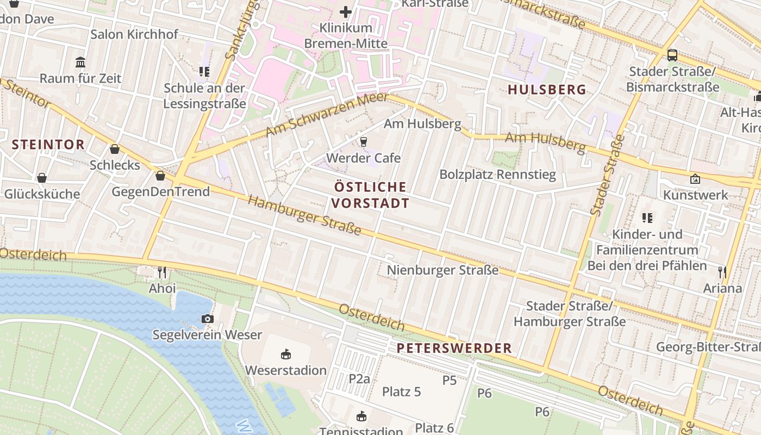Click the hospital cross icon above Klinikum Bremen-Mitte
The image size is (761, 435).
click(346, 11)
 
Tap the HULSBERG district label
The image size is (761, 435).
click(547, 90)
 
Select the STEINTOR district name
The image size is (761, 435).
click(48, 145)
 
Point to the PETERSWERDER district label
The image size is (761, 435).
click(454, 348)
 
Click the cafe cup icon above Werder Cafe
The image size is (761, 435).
click(363, 142)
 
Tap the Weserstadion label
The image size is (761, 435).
click(285, 370)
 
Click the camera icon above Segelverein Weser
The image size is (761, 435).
click(207, 319)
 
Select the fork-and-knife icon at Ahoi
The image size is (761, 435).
click(162, 272)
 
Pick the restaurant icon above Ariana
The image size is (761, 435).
click(722, 272)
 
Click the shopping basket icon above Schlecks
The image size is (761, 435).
click(115, 149)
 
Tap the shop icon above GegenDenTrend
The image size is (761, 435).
click(160, 176)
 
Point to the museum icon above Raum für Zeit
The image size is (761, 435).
click(80, 62)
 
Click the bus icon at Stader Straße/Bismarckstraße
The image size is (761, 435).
click(672, 55)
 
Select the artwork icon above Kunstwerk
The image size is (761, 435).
click(695, 178)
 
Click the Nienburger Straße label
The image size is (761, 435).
click(442, 270)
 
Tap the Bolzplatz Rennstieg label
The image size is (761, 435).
click(497, 175)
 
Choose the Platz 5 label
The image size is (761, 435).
click(401, 391)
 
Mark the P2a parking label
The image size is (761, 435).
click(359, 378)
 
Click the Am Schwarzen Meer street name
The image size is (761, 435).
click(327, 115)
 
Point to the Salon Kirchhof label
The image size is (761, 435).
click(134, 34)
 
